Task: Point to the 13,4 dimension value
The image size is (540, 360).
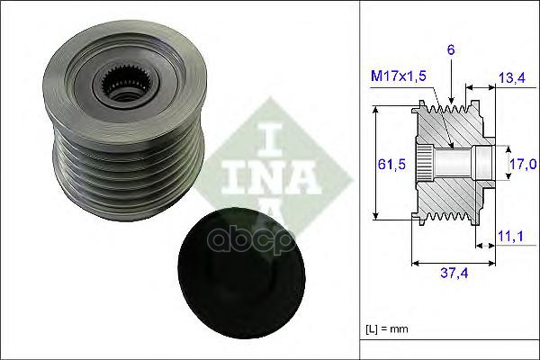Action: [x=511, y=80]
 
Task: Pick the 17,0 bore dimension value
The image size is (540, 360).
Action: [x=524, y=163]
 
